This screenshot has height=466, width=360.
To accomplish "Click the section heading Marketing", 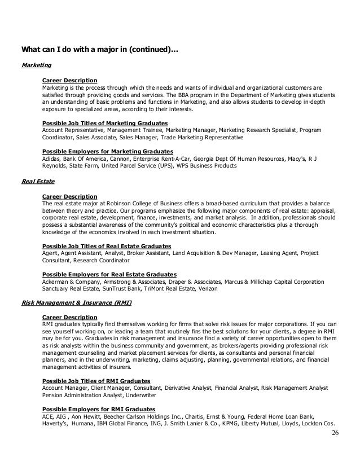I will coord(35,66).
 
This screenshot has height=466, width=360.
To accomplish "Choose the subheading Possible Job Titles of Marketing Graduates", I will coord(105,122).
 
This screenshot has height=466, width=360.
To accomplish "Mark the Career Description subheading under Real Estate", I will coord(69,196).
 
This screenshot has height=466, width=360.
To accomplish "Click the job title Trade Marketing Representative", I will coord(203,137).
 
